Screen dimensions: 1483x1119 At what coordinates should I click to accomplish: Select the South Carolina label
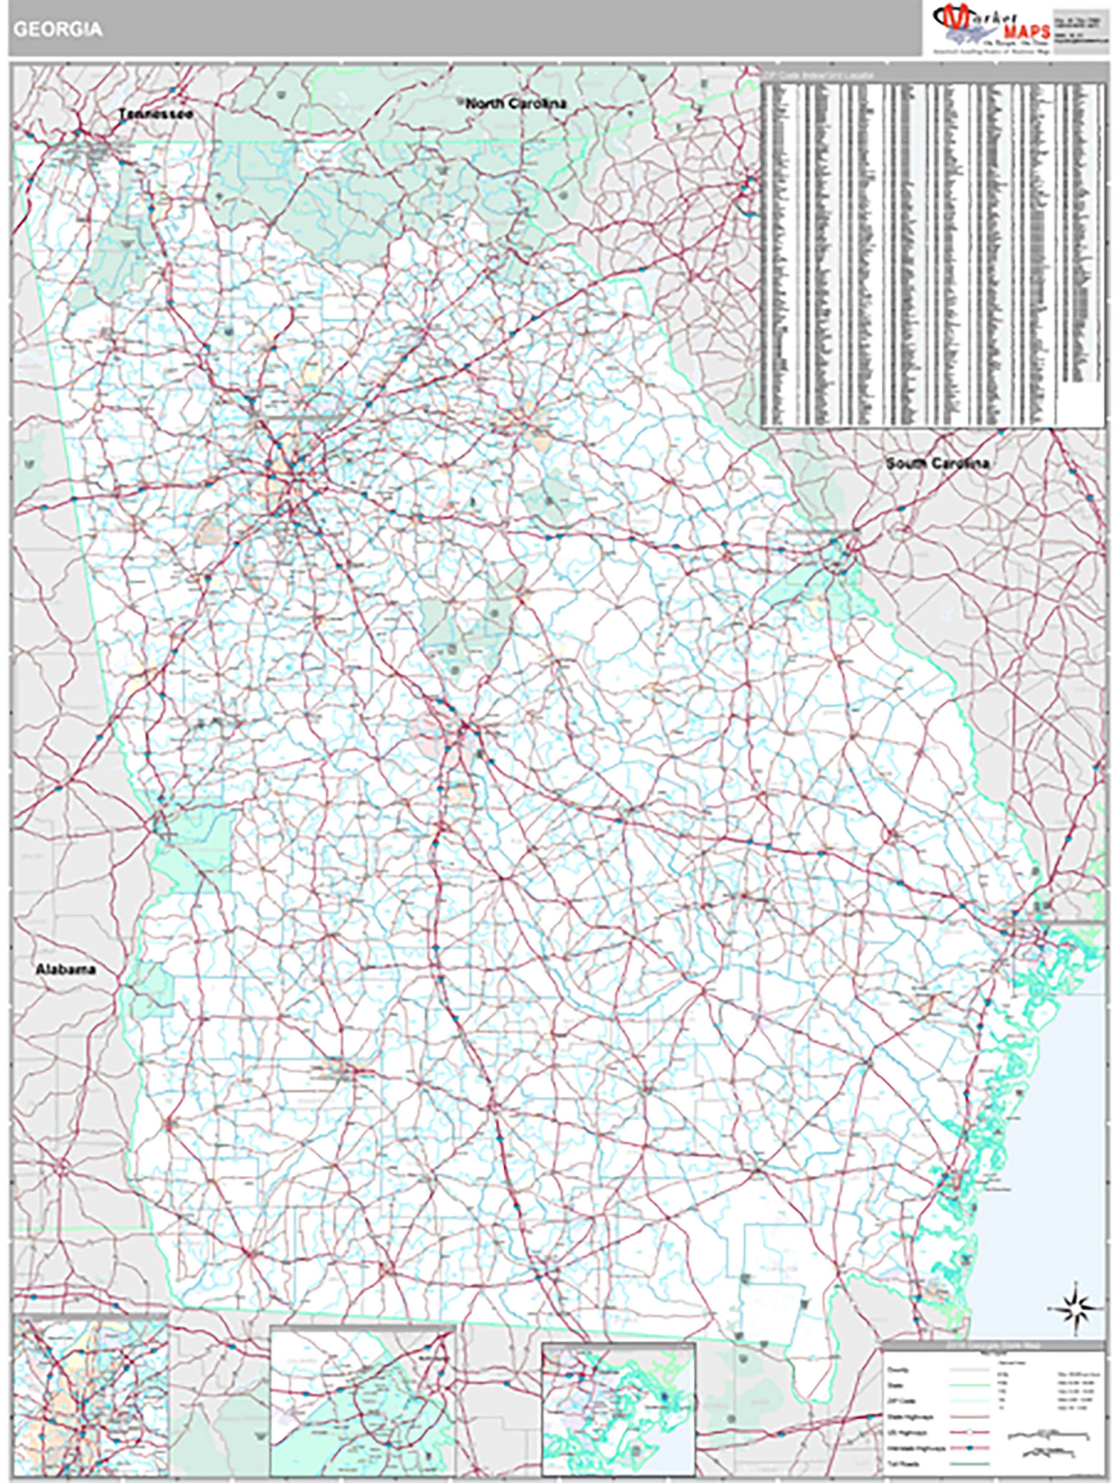point(937,463)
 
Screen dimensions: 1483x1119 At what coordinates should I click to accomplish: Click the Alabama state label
point(66,970)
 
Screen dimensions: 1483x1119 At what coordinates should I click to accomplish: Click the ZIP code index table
point(932,248)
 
